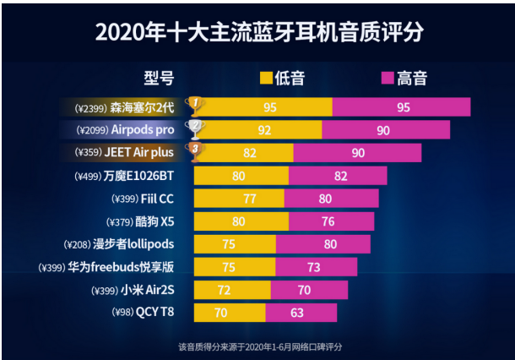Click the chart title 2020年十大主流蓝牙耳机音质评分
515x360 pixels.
tap(258, 32)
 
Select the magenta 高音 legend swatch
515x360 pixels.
tap(388, 79)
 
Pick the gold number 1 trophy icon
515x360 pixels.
tap(194, 106)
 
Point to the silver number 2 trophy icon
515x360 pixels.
tap(195, 128)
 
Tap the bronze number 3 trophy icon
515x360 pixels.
tap(195, 151)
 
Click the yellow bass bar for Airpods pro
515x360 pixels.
tap(263, 130)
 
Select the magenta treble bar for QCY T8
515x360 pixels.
tap(301, 313)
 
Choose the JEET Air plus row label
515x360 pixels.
tap(144, 153)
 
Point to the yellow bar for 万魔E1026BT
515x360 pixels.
tap(241, 176)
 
